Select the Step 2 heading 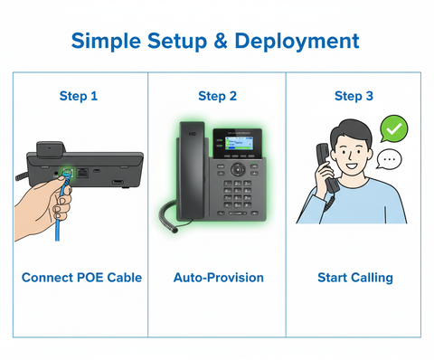click(x=217, y=96)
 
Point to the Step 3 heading click(x=354, y=96)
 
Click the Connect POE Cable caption click(x=81, y=278)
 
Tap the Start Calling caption click(x=354, y=278)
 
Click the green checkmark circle click(x=392, y=128)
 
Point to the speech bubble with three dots click(x=390, y=159)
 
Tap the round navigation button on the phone click(x=238, y=168)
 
